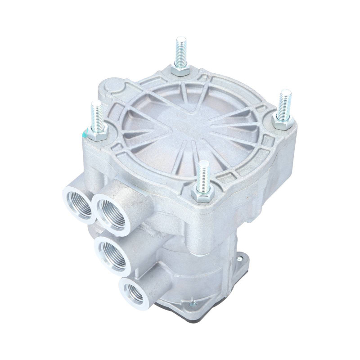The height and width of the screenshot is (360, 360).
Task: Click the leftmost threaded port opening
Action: tap(78, 203)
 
